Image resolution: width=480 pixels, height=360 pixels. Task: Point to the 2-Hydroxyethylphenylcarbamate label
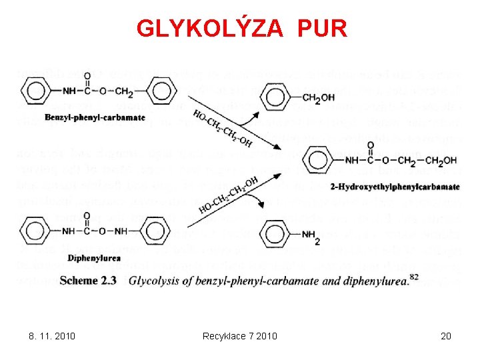(395, 186)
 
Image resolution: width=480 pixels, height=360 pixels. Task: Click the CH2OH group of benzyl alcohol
(319, 97)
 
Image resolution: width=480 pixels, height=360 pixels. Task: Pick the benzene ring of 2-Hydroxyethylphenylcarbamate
(316, 160)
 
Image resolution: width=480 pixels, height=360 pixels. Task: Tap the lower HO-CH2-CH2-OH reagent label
(228, 195)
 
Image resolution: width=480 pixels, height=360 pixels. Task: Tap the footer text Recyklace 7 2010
(239, 335)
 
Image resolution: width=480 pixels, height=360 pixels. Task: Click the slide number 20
(446, 335)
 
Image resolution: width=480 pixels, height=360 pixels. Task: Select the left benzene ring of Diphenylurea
(35, 233)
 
